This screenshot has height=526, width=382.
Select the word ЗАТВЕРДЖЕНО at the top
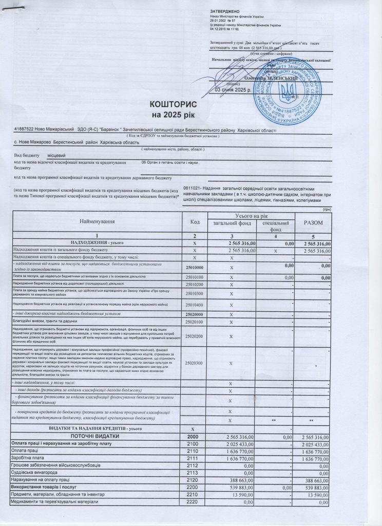(225, 11)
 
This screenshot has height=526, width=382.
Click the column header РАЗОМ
(313, 222)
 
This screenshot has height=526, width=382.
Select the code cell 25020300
(194, 363)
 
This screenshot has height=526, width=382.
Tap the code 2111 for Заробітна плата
(193, 458)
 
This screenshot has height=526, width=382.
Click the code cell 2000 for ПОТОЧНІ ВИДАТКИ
(193, 436)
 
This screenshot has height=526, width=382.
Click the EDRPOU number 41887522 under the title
(24, 130)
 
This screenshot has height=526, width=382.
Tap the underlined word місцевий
(56, 154)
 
